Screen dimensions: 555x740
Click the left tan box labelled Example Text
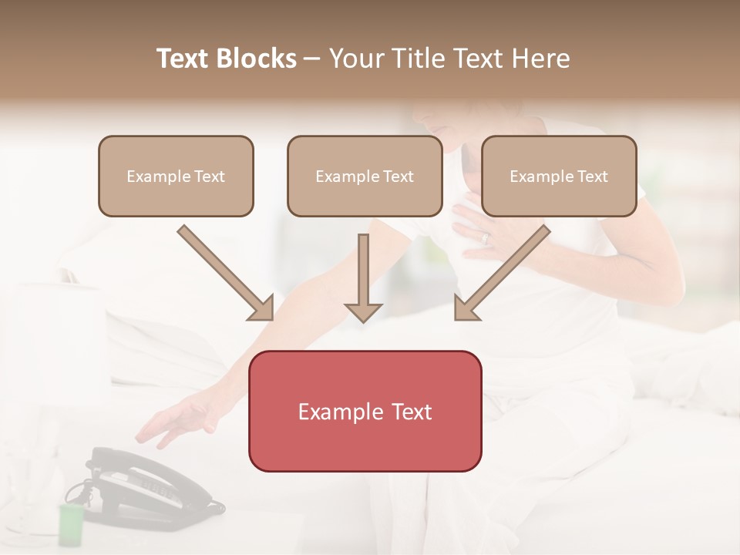click(x=176, y=176)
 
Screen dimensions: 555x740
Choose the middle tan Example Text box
click(x=365, y=176)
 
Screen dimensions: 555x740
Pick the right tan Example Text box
click(x=559, y=176)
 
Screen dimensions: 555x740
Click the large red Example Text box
click(x=365, y=411)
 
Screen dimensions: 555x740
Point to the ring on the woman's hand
click(x=486, y=238)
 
